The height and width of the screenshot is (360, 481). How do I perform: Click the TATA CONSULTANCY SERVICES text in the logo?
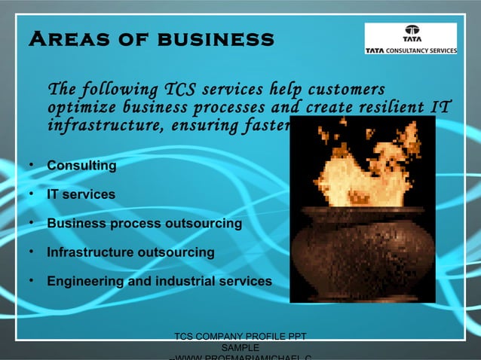click(411, 50)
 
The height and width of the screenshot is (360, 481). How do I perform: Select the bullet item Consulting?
click(81, 165)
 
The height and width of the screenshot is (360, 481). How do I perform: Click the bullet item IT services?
click(81, 194)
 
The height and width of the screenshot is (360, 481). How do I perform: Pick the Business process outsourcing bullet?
click(144, 224)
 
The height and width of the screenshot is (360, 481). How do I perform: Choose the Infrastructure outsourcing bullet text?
click(130, 252)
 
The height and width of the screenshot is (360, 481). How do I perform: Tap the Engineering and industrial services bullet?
click(159, 282)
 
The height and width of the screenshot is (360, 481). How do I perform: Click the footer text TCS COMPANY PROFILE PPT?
click(240, 337)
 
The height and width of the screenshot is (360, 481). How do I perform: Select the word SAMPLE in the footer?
click(240, 348)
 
